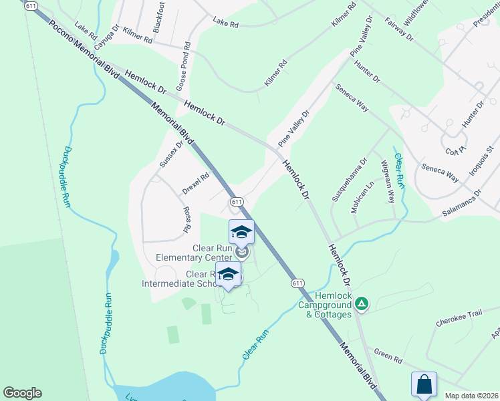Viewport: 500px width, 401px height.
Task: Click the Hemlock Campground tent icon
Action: [362, 305]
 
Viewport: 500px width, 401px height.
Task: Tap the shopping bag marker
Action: [424, 384]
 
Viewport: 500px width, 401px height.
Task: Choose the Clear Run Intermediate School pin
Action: [228, 274]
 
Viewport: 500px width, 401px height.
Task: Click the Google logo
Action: [22, 393]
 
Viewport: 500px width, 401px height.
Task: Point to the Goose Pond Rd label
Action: [184, 69]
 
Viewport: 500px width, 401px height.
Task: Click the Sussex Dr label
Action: [171, 154]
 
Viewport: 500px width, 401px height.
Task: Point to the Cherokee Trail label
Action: [459, 322]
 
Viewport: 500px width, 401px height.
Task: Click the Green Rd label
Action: [388, 356]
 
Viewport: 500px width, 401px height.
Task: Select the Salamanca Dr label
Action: [461, 203]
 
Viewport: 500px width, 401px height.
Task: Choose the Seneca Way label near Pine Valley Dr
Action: [352, 98]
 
